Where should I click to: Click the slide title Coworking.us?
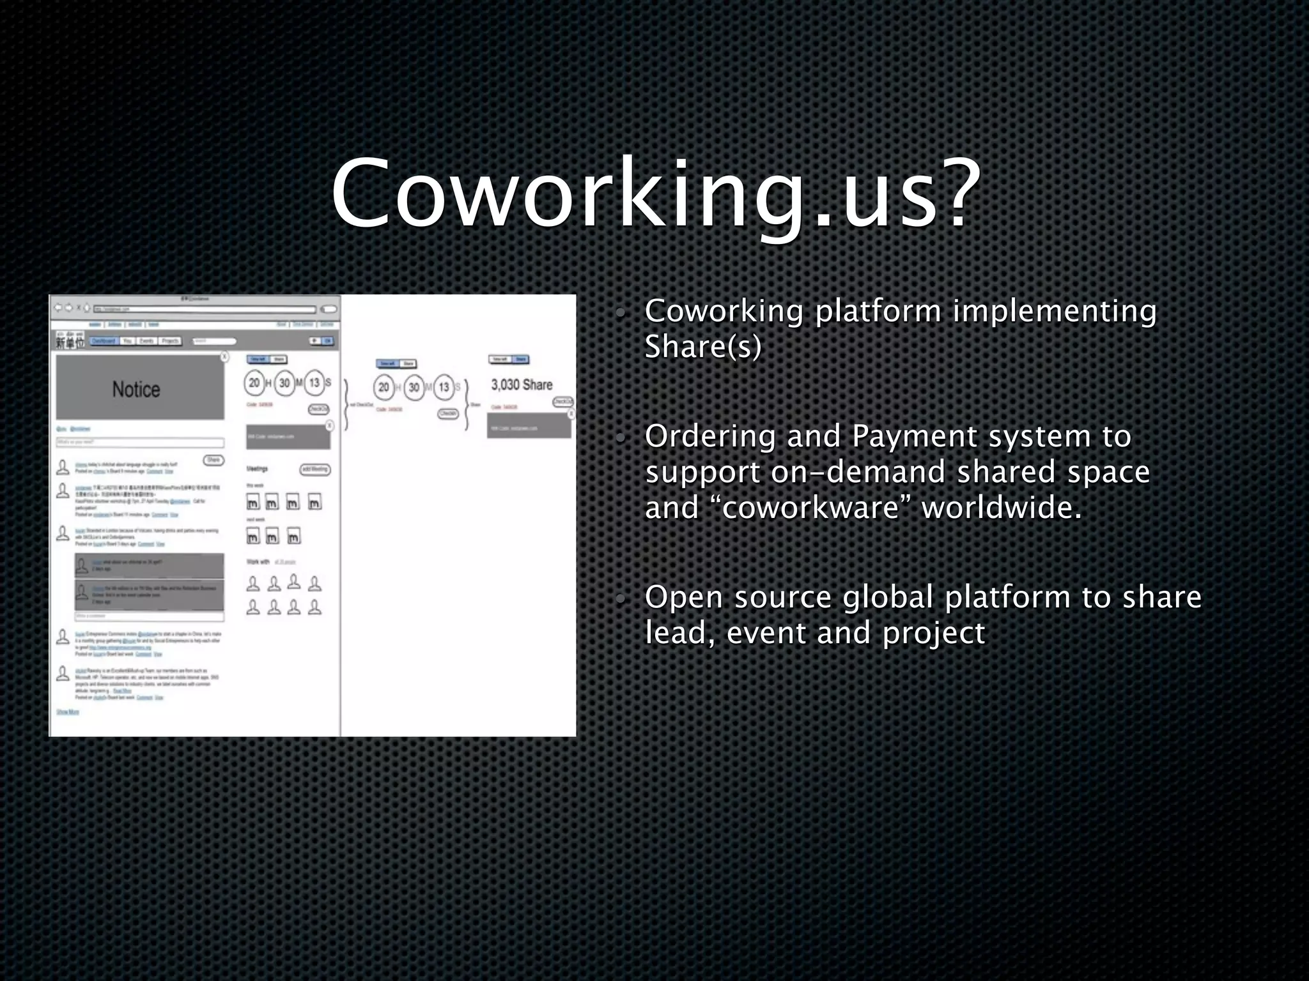655,192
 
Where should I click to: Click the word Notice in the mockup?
136,389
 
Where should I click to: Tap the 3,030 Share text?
522,384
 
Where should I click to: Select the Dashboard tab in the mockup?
104,341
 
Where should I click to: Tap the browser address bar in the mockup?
205,309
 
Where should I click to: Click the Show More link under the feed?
68,711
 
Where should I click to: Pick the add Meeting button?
315,469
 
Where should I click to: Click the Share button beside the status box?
213,460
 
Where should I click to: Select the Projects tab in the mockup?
170,341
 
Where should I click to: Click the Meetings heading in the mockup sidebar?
257,469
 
